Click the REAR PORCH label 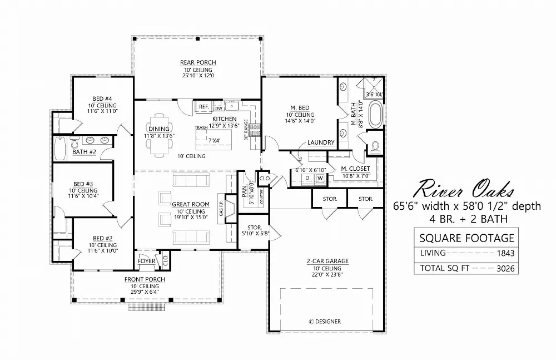click(197, 62)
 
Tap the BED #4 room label click(102, 99)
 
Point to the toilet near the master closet click(375, 147)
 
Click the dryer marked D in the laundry click(306, 178)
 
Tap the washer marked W click(320, 178)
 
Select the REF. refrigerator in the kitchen click(203, 107)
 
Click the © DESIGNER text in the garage click(325, 321)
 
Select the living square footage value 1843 click(505, 253)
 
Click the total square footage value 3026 click(505, 269)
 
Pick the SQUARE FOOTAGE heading click(466, 238)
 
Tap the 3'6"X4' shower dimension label click(375, 95)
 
